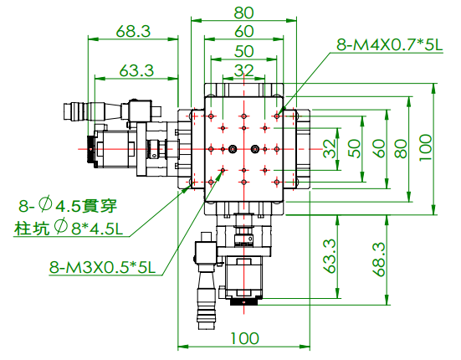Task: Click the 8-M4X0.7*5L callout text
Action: point(389,45)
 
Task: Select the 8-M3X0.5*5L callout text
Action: point(102,267)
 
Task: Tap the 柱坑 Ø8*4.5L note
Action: point(69,228)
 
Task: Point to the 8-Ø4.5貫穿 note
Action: point(68,205)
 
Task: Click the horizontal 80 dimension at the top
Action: point(243,13)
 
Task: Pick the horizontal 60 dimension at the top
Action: point(243,31)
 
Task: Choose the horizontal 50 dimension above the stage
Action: point(243,51)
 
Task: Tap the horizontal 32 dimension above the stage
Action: point(243,70)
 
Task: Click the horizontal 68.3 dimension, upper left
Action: point(133,31)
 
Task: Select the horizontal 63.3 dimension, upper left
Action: point(136,70)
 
